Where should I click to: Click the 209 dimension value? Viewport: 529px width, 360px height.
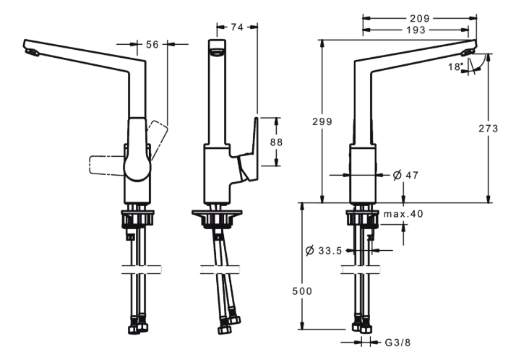click(420, 18)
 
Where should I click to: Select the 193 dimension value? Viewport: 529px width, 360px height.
click(416, 30)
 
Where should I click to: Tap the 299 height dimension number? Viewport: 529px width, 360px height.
click(322, 121)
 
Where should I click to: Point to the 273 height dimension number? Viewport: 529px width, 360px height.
click(489, 128)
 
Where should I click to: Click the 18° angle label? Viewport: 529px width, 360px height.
click(455, 67)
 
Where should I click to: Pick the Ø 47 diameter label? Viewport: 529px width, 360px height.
click(405, 175)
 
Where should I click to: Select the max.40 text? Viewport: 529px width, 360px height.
click(403, 213)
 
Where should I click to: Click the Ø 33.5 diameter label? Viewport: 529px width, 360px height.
click(324, 250)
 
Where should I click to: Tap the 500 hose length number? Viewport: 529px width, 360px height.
click(302, 291)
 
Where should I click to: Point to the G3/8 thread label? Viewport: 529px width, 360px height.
click(397, 343)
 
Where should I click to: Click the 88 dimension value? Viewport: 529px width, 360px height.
click(276, 142)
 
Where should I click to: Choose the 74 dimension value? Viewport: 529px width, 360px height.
click(237, 27)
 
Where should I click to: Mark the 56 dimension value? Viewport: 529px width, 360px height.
click(152, 44)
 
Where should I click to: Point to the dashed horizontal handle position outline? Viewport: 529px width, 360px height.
click(107, 166)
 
